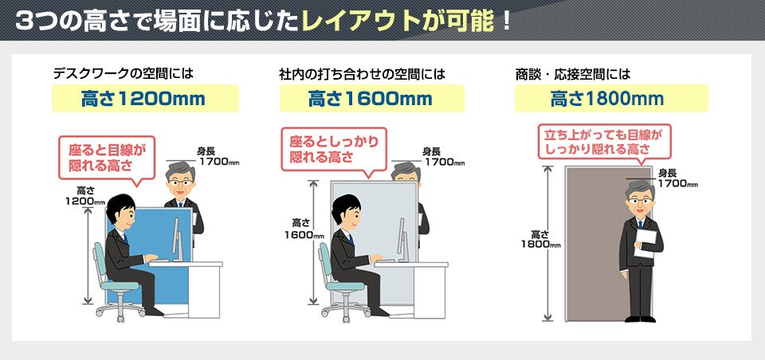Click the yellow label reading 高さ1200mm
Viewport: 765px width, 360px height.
(145, 99)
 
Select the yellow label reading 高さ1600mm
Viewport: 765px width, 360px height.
(372, 99)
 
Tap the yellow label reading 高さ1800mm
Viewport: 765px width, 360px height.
(611, 99)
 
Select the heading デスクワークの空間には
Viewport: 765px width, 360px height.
(123, 74)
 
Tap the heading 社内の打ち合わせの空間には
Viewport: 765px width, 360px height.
(362, 74)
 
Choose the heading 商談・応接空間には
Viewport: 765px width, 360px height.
(573, 74)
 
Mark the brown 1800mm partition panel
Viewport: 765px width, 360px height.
(608, 244)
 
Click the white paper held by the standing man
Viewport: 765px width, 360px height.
(645, 242)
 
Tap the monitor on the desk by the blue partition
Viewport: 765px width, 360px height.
(178, 238)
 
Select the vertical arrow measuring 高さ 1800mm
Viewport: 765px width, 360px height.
(548, 244)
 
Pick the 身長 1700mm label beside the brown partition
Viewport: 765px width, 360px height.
(677, 178)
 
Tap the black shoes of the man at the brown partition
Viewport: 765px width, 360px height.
(640, 319)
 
